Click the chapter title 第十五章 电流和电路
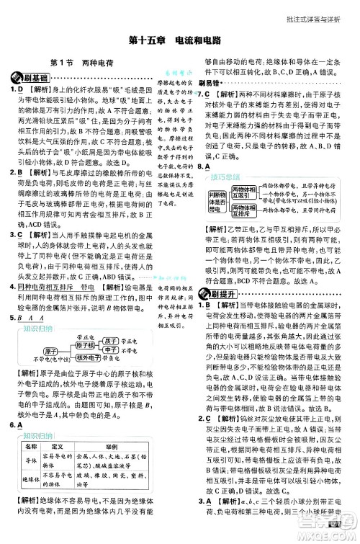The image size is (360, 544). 179,41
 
